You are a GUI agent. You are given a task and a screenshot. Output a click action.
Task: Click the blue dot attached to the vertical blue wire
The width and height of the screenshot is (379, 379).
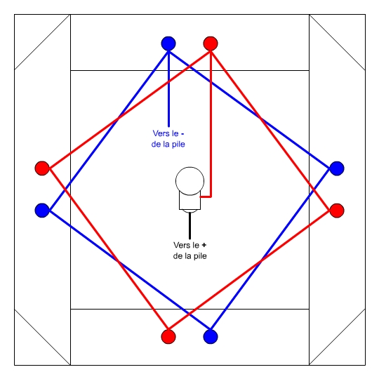(x=168, y=44)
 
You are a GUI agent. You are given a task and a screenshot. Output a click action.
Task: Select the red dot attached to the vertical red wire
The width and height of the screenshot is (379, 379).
(x=211, y=44)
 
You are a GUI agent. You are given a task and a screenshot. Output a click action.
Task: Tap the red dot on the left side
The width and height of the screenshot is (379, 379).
(x=42, y=168)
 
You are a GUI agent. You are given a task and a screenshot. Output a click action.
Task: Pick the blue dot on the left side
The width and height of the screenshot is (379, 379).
(x=42, y=211)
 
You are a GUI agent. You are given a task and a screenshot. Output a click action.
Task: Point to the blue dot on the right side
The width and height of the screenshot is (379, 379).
(x=337, y=168)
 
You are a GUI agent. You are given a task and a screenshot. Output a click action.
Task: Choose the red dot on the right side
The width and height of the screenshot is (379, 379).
(x=337, y=211)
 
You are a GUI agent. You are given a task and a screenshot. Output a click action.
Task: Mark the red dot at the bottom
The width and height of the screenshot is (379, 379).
(x=168, y=336)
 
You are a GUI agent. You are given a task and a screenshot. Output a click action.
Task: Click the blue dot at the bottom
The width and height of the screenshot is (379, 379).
(x=211, y=336)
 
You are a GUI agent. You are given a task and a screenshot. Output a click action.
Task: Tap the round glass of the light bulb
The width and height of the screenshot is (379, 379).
(x=189, y=181)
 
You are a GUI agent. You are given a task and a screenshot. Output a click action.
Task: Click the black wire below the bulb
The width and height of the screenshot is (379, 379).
(x=189, y=226)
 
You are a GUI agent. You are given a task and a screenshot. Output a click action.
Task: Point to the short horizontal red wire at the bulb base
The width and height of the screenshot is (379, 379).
(x=206, y=197)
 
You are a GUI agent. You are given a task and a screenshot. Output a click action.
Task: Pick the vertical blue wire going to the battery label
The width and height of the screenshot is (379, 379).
(x=168, y=88)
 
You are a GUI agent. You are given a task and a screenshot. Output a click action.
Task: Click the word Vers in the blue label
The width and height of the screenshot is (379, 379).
(x=160, y=133)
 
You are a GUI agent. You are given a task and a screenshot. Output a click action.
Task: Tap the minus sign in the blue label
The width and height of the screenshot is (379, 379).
(x=182, y=133)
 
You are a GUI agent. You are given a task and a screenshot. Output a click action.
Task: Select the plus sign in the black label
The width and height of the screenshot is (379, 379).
(x=204, y=245)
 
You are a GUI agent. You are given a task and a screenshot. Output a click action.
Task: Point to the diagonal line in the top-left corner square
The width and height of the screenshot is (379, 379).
(x=42, y=42)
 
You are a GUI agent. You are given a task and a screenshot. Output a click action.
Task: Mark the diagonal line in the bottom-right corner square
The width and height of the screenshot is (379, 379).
(x=337, y=337)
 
